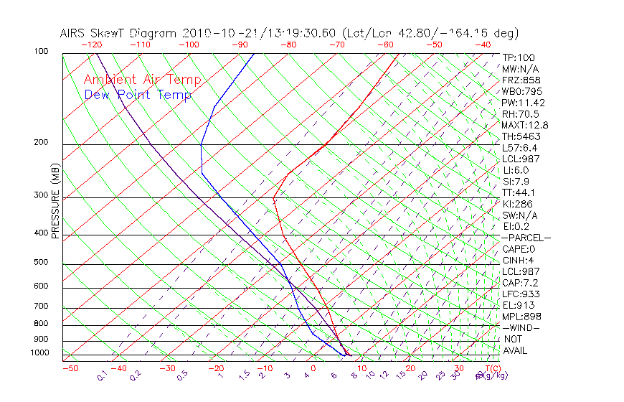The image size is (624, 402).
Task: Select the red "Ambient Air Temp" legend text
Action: click(x=142, y=80)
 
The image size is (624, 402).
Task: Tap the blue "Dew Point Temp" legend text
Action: click(x=138, y=95)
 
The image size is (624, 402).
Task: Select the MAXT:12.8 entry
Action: click(x=525, y=126)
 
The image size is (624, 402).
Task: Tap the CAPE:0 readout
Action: click(x=519, y=249)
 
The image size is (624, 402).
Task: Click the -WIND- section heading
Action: click(x=521, y=327)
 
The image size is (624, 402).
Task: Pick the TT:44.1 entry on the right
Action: click(x=519, y=192)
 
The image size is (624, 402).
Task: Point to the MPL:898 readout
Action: click(x=521, y=317)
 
